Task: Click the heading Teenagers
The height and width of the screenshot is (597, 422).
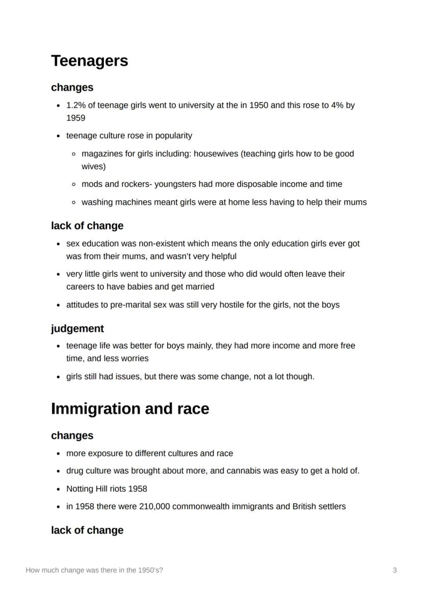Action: click(89, 61)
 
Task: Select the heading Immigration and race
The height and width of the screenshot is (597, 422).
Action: click(130, 409)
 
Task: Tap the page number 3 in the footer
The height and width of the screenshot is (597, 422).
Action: click(394, 570)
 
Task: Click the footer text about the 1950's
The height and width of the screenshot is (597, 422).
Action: click(94, 570)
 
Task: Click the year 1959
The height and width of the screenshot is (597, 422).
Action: click(75, 118)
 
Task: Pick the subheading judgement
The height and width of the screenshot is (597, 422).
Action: click(77, 328)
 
